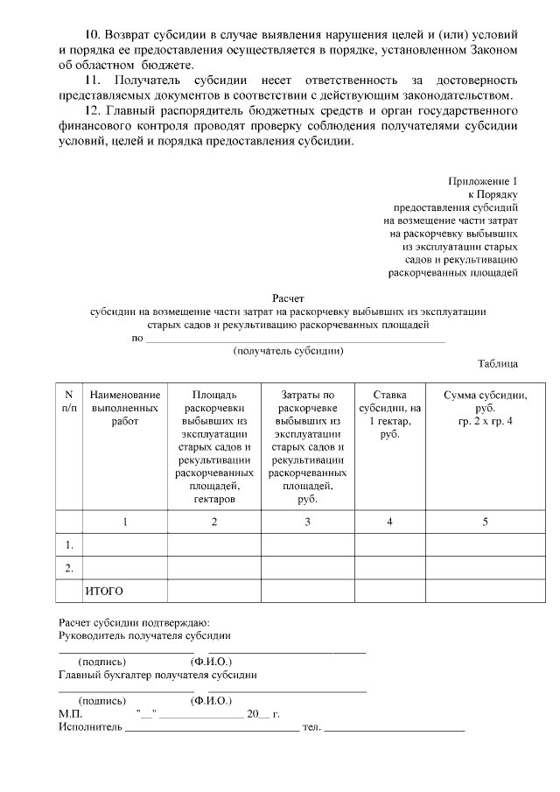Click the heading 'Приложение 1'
point(484,180)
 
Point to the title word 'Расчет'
point(288,298)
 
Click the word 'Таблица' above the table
point(498,363)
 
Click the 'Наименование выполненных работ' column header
point(125,408)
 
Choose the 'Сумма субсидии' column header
point(485,408)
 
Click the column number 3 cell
point(306,522)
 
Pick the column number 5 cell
point(485,522)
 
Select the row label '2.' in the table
point(69,569)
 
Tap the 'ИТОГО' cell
point(104,592)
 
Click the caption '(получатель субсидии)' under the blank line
point(288,351)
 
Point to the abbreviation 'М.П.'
point(70,714)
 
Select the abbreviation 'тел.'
point(311,727)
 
